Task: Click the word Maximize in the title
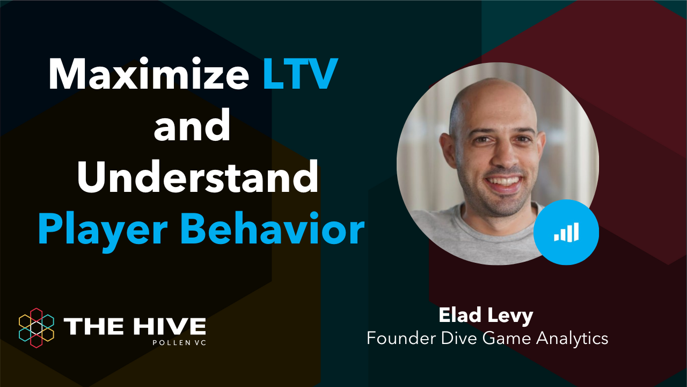[x=148, y=75]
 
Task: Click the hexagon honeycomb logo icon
[x=36, y=325]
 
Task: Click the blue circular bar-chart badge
[x=566, y=232]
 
